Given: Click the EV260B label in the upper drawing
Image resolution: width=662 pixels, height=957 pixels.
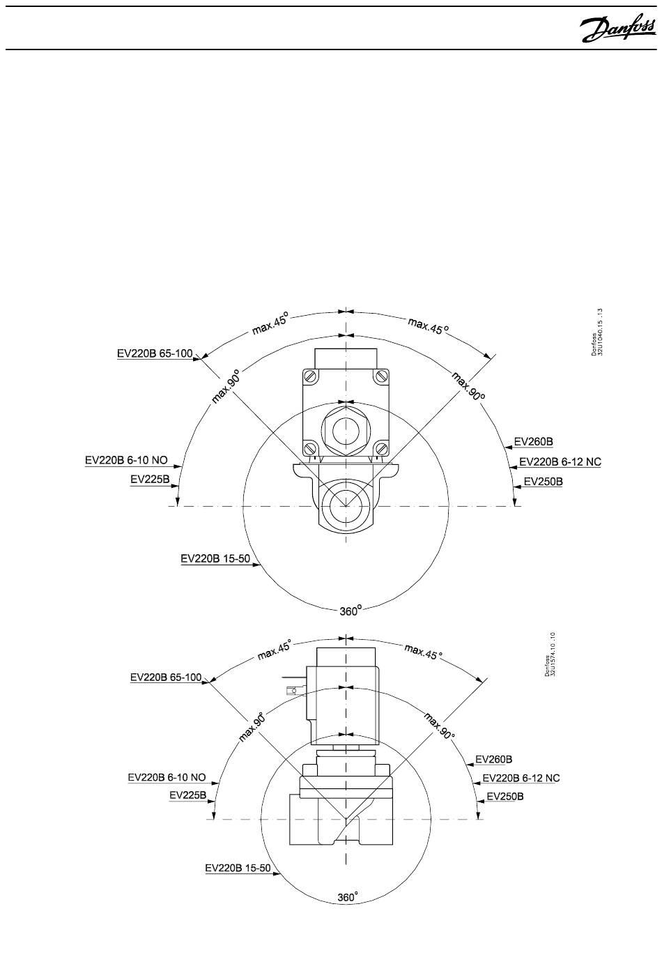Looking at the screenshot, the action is (534, 441).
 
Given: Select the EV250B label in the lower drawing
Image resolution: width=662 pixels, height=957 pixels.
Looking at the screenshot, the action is (505, 797).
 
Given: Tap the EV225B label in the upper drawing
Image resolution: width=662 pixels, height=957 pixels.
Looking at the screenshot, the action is (150, 480).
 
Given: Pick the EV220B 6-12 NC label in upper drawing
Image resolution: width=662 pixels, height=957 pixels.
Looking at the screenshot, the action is (560, 461).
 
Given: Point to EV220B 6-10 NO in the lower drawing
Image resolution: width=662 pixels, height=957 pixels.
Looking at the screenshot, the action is (167, 777).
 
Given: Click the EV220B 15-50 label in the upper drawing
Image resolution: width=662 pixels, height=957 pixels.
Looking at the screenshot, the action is (215, 558).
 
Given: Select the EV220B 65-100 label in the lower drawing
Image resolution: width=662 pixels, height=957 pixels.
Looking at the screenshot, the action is (166, 677).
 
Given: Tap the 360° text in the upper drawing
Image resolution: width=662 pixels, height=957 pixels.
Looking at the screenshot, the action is (351, 611).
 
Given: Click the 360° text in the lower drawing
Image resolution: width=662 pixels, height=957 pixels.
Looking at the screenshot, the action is (348, 897).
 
